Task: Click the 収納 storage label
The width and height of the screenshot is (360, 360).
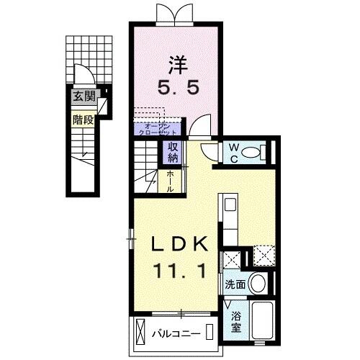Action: [x=174, y=153]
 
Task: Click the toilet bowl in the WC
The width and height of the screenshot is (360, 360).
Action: [x=251, y=153]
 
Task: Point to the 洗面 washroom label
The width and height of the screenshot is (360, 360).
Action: [x=235, y=284]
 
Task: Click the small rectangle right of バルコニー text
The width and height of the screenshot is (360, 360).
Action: [x=209, y=333]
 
